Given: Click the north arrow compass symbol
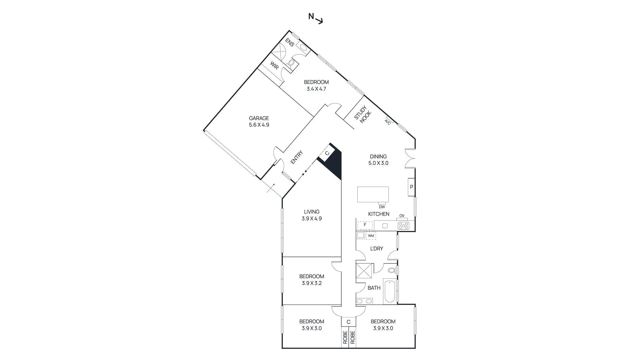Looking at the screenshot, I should click(x=316, y=18).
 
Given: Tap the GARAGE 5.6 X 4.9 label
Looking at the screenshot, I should click(x=259, y=121).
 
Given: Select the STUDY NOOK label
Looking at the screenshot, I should click(x=363, y=114).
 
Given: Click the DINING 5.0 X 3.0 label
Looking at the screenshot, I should click(x=378, y=160).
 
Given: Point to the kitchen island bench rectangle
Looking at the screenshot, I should click(x=373, y=194).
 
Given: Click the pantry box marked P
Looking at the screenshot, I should click(x=411, y=187).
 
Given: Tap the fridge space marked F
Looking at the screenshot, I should click(x=365, y=225).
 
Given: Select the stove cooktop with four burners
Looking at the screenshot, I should click(x=403, y=226).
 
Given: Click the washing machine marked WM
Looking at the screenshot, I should click(x=371, y=236).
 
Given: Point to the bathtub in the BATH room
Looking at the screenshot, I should click(x=389, y=291).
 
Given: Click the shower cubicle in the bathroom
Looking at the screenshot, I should click(x=364, y=270).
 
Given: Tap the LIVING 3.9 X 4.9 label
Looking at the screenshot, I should click(x=312, y=215).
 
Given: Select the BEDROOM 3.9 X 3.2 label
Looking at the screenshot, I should click(x=312, y=279).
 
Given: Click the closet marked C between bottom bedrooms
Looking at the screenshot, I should click(x=348, y=322).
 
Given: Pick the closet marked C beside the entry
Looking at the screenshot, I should click(x=327, y=153).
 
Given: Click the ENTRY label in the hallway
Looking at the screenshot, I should click(x=296, y=157).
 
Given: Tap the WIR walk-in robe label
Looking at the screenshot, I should click(x=274, y=66).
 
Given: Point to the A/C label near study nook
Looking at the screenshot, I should click(x=387, y=122).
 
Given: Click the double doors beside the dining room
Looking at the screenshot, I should click(x=411, y=158).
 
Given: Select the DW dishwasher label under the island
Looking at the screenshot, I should click(x=382, y=207).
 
